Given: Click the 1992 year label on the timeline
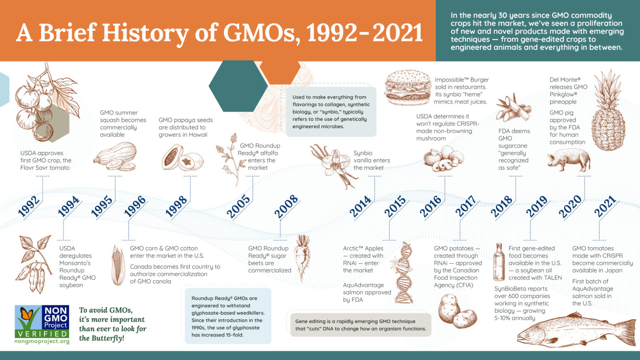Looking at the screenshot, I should pos(29,206).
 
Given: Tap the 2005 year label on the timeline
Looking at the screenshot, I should pos(238,206).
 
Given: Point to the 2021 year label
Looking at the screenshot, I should pos(605,206).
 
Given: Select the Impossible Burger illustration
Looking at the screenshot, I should pos(407,87).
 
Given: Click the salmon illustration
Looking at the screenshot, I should pos(575,331).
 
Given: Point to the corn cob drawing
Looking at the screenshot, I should pos(118,265).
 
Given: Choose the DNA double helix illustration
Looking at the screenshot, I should pos(403,273).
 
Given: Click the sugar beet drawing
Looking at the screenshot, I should pos(302,256).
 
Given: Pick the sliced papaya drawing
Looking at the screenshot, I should pos(182,158).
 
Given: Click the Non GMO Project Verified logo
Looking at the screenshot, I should pos(42,322).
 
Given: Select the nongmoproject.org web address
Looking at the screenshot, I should pos(42,341).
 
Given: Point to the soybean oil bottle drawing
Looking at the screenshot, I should pos(499,262).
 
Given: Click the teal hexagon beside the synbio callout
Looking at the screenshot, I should pos(238,86).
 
